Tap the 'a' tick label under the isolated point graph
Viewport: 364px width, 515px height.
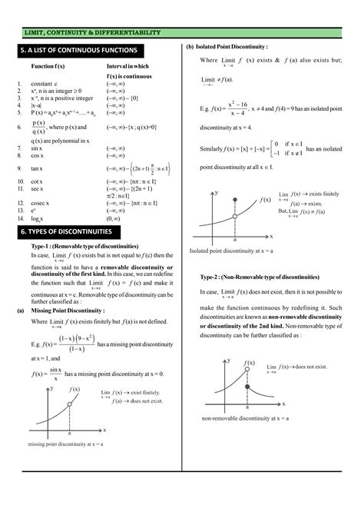tap(234, 240)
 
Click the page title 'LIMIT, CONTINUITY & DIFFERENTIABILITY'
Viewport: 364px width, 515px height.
tap(92, 32)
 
